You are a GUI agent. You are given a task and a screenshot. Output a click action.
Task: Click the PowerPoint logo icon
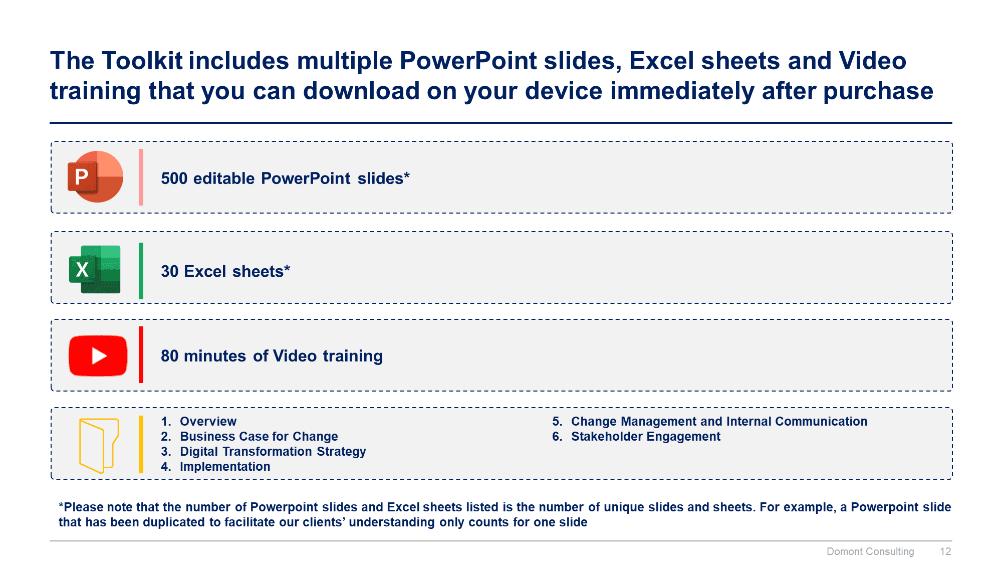(95, 177)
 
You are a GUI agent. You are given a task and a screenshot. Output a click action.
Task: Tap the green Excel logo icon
(95, 269)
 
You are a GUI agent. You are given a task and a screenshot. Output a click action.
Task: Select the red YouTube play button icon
(98, 355)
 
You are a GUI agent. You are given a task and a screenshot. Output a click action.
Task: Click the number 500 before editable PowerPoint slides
(174, 178)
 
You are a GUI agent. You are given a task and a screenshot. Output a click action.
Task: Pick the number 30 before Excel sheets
(169, 271)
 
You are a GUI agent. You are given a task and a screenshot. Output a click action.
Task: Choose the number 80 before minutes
(169, 356)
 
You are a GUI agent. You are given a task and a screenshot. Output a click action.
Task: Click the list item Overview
(208, 422)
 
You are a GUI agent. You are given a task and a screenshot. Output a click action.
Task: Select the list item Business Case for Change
(259, 437)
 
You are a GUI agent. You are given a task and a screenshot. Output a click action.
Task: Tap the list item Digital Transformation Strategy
(273, 452)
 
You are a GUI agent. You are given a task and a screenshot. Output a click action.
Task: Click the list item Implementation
(225, 467)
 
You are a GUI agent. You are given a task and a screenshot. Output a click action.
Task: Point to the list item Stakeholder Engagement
(646, 437)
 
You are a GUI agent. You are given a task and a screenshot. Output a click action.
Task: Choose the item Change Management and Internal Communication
(719, 422)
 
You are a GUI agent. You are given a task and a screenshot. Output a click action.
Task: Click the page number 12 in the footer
(945, 551)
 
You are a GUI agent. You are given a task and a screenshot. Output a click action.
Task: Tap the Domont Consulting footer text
(870, 551)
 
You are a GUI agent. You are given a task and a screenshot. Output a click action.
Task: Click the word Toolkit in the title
(142, 61)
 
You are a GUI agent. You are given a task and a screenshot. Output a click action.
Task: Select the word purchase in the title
(878, 92)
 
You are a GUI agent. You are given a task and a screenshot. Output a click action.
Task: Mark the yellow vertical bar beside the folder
(141, 444)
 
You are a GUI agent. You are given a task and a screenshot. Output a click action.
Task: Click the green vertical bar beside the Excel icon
(141, 271)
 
